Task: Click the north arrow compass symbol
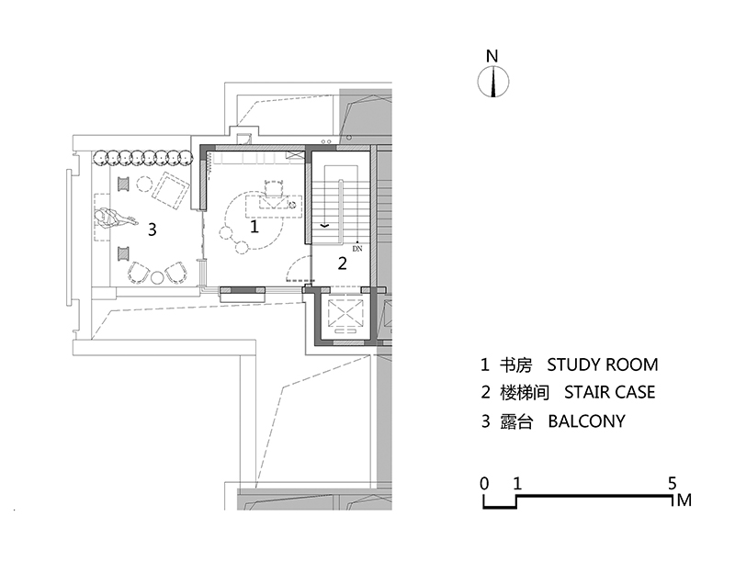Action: [493, 82]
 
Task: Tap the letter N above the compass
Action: [492, 56]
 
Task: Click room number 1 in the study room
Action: [254, 227]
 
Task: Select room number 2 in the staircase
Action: [342, 263]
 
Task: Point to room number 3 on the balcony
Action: [152, 230]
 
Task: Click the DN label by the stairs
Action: [357, 249]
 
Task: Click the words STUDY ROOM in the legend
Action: [603, 364]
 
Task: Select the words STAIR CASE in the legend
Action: [609, 392]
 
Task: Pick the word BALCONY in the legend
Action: [586, 421]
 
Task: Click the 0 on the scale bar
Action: [484, 483]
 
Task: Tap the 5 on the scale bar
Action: [673, 483]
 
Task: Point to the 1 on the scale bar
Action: [517, 483]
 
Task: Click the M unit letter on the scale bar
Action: [684, 500]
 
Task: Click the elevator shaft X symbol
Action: [345, 312]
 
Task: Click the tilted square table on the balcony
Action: [170, 190]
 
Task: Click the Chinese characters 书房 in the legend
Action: [515, 365]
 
